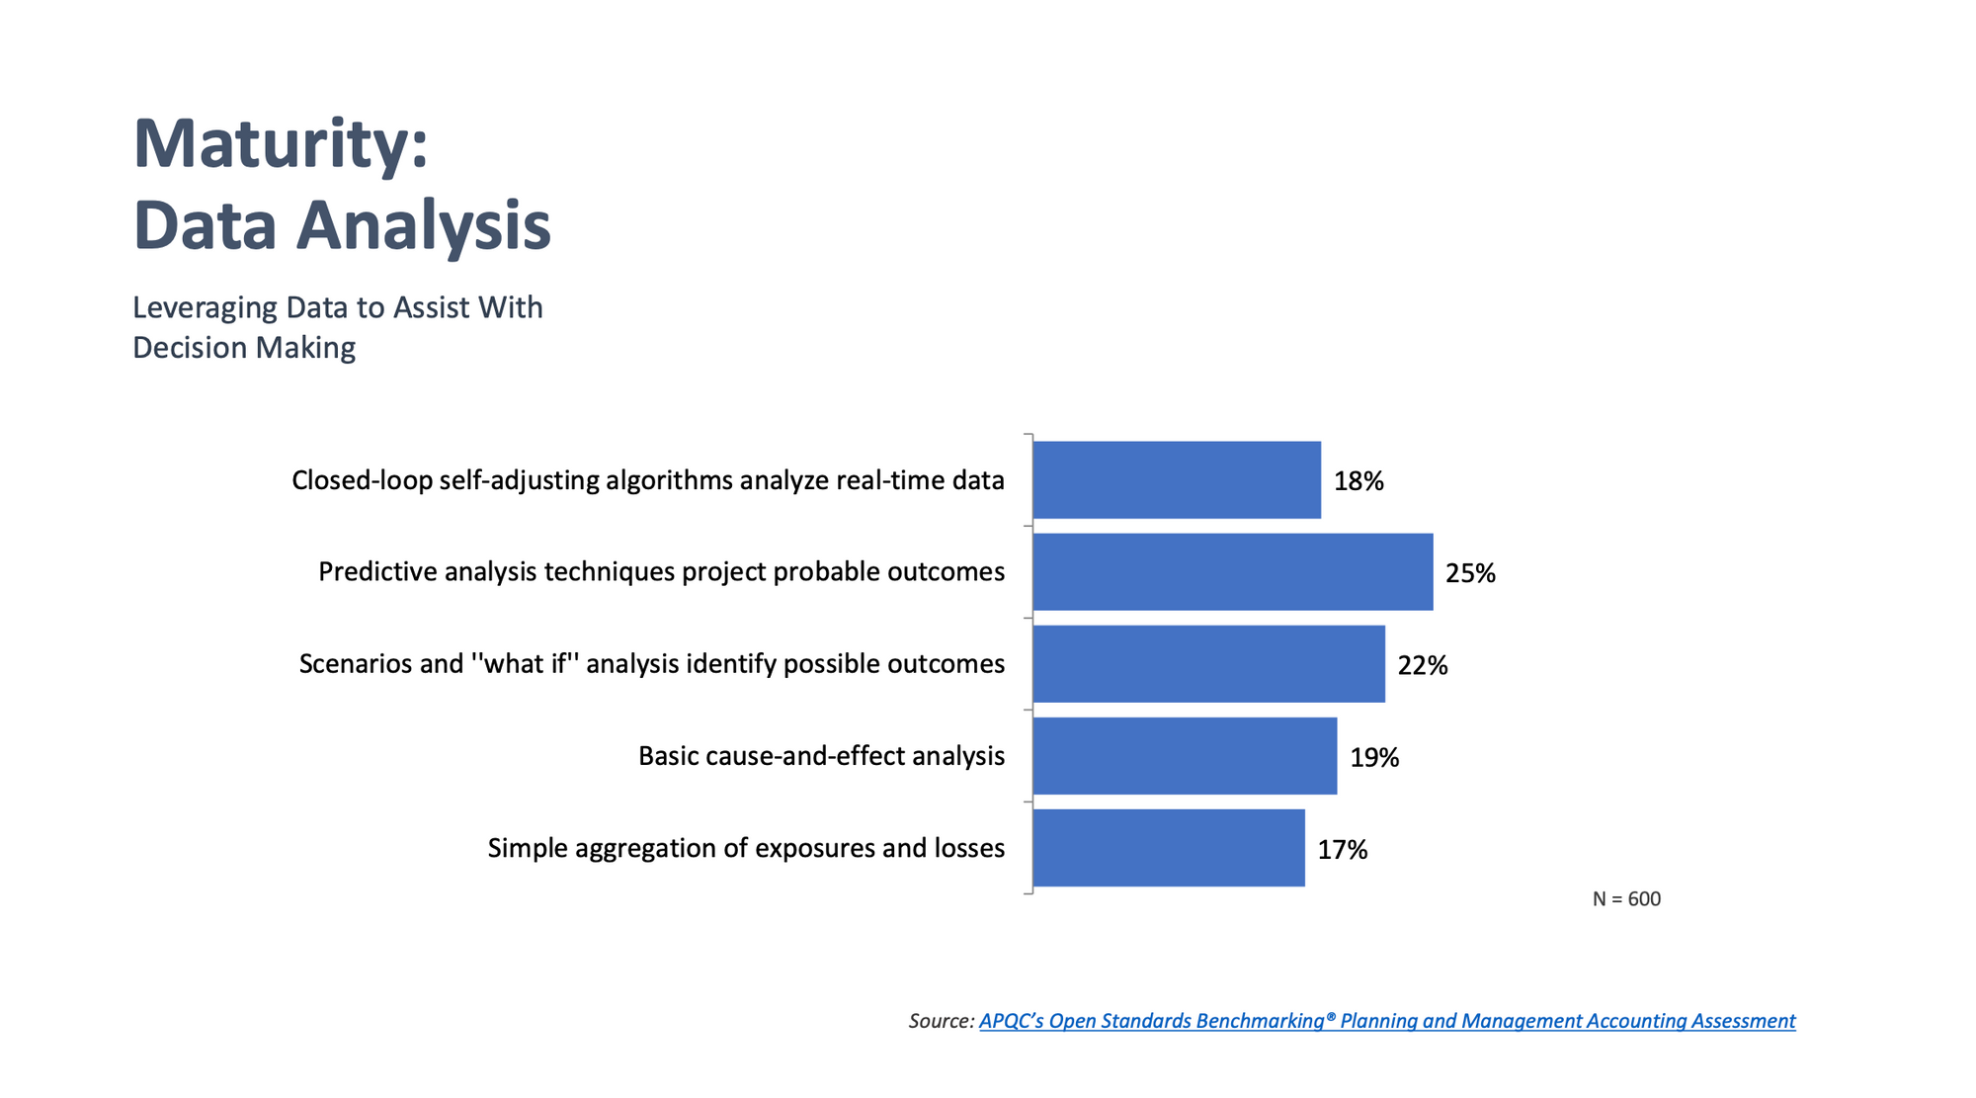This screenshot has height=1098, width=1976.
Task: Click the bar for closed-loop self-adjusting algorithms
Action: pos(1177,480)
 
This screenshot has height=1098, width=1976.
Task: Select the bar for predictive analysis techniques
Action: pos(1232,572)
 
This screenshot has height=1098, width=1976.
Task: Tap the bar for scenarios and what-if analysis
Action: pos(1208,664)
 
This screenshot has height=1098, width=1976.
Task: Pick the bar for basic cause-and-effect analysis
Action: pos(1185,756)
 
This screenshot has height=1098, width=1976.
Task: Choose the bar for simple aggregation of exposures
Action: pos(1169,848)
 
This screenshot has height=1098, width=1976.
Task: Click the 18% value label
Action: pos(1358,481)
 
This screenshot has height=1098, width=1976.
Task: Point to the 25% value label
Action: pos(1470,573)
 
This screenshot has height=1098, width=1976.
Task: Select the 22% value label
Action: pos(1422,665)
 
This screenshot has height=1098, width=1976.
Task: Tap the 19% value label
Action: pos(1374,757)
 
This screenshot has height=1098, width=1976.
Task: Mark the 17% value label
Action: pos(1342,849)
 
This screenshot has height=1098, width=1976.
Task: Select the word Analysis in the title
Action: pos(424,225)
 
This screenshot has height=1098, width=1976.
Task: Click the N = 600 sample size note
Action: pos(1626,899)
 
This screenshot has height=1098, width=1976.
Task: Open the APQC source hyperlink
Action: pos(1386,1021)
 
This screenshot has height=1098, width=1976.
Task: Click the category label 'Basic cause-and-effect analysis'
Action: pos(821,756)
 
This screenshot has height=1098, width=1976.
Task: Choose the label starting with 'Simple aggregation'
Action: pos(746,848)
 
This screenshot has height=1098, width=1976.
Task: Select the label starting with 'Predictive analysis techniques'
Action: pos(661,572)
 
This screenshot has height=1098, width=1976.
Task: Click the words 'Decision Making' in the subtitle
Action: pos(244,348)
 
